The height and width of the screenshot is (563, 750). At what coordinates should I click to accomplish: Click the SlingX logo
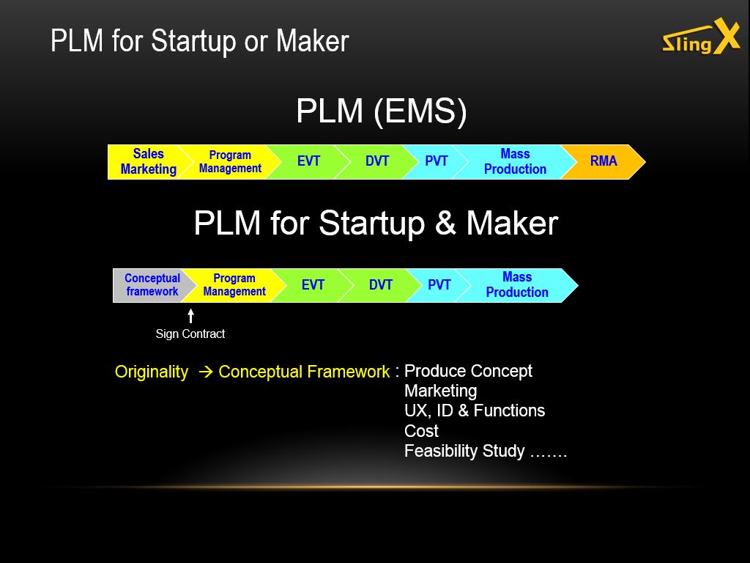(701, 37)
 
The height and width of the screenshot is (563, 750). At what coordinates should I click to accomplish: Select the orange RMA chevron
(604, 162)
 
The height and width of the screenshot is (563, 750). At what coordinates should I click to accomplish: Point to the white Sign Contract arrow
(191, 316)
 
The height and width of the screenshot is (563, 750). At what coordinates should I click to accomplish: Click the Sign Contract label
(190, 334)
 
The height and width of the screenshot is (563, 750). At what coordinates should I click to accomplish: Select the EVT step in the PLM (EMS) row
(308, 162)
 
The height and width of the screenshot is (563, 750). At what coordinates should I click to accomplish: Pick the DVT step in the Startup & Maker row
(381, 285)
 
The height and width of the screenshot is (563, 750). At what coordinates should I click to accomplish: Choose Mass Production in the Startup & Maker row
(517, 285)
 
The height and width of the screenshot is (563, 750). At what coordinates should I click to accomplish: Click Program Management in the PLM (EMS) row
(230, 162)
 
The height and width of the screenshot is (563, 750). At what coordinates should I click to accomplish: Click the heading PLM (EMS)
(381, 111)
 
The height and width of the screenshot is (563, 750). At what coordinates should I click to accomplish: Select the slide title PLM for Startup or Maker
(199, 41)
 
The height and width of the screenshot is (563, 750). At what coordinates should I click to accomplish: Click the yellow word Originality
(151, 372)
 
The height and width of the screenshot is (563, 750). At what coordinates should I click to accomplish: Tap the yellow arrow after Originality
(205, 372)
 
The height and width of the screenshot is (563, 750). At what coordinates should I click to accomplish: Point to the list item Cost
(421, 431)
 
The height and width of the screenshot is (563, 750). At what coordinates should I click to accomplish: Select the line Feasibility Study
(486, 451)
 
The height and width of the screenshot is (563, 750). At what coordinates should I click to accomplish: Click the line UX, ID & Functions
(475, 411)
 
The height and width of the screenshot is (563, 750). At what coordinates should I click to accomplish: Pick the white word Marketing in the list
(440, 391)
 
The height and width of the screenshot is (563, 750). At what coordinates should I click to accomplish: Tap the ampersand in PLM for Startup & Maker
(445, 224)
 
